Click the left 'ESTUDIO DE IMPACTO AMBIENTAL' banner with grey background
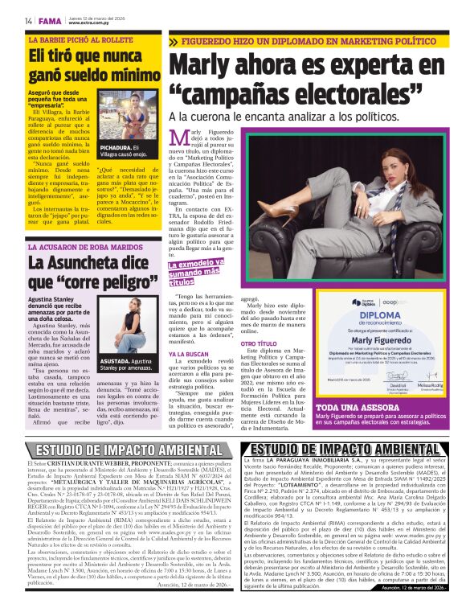tap(121, 450)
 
